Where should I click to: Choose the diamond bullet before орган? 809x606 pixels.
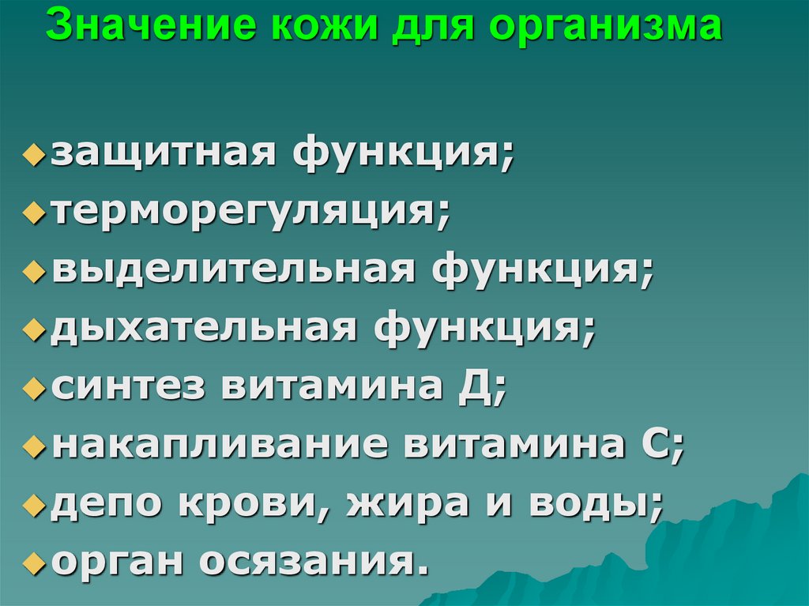pyautogui.click(x=32, y=564)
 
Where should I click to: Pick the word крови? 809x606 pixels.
pyautogui.click(x=254, y=503)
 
